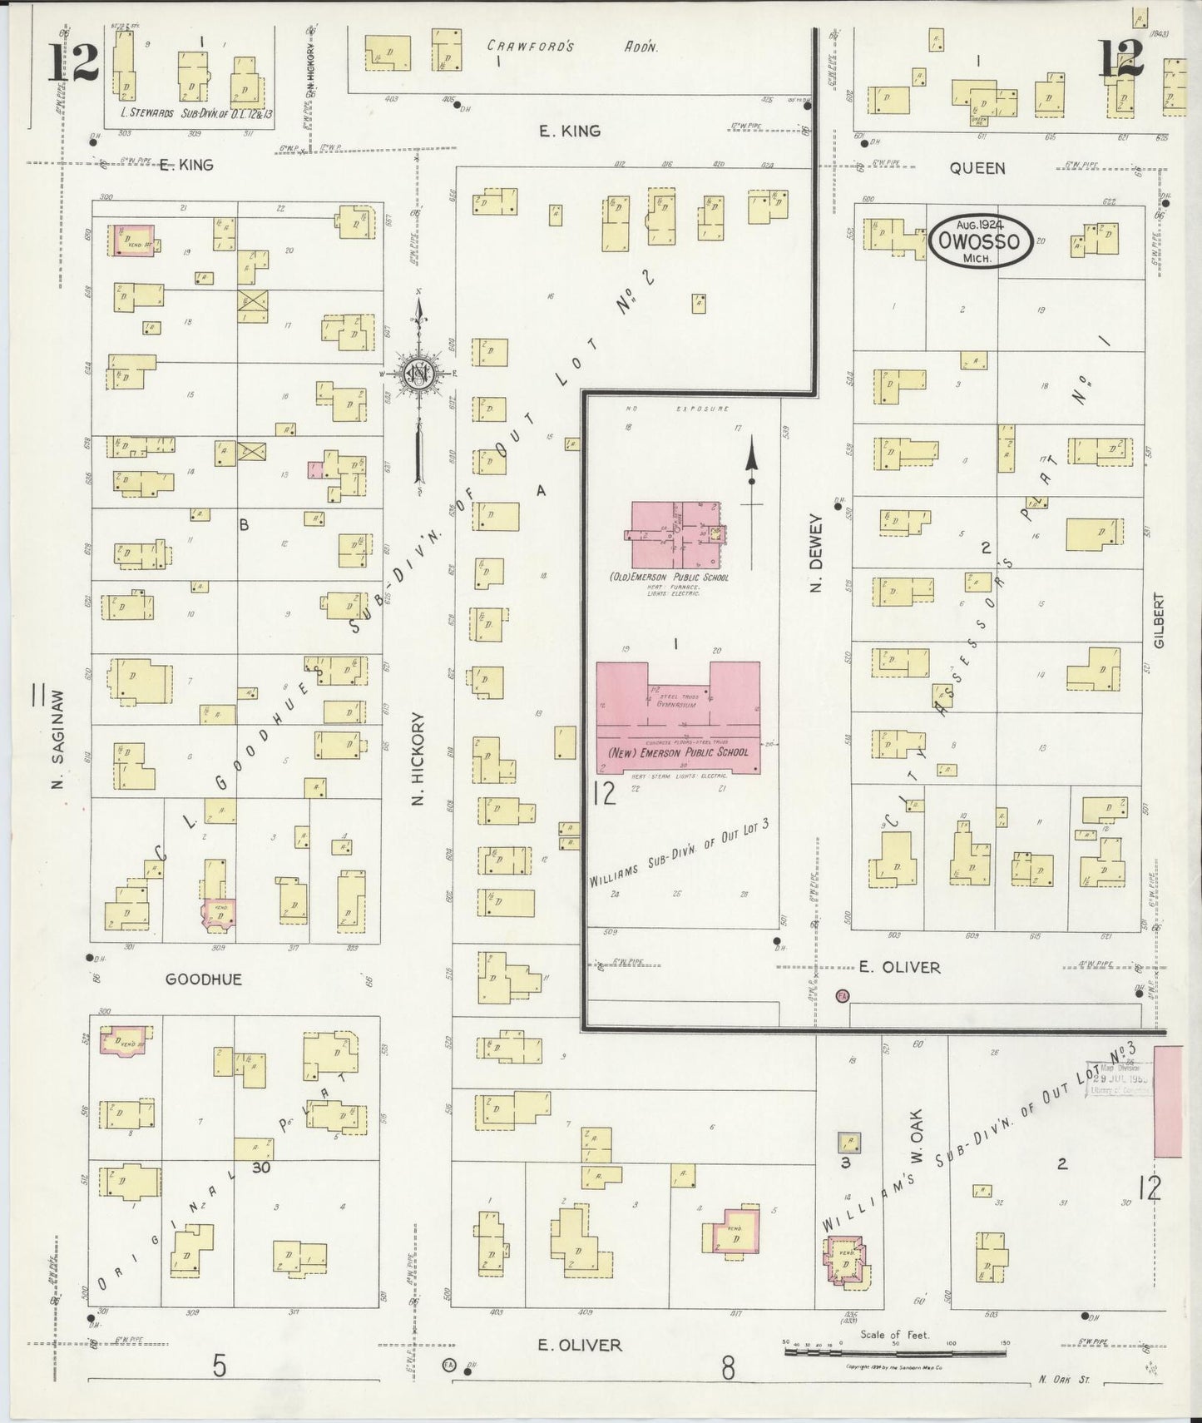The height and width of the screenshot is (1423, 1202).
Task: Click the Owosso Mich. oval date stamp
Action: pos(981,241)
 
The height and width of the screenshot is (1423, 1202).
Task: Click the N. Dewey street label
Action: pos(816,553)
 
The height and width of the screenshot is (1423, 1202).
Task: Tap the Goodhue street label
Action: pos(204,979)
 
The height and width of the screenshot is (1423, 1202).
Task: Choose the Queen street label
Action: pos(977,168)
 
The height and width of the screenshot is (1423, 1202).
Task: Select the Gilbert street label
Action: pos(1159,620)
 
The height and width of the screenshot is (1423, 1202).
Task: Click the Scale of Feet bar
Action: pos(895,1352)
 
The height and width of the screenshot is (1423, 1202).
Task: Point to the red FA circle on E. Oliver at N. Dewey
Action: pos(843,996)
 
